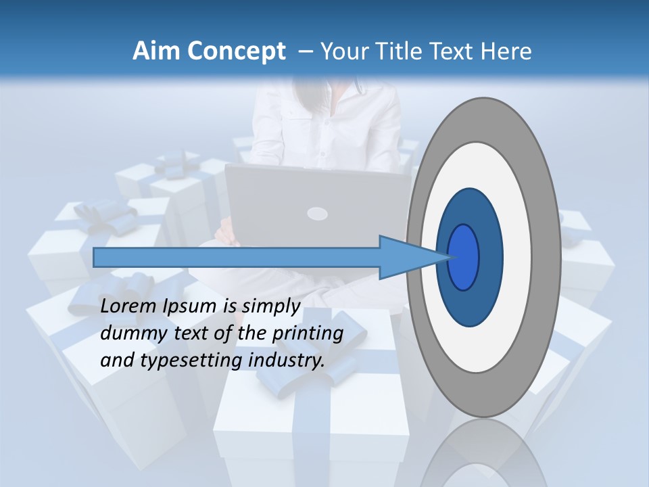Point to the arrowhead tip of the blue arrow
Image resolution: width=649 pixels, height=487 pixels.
coord(448,257)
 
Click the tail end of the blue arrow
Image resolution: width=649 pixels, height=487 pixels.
coord(95,257)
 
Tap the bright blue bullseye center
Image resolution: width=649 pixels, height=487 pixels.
coord(464,257)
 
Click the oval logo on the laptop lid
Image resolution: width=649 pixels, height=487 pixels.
coord(317,214)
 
